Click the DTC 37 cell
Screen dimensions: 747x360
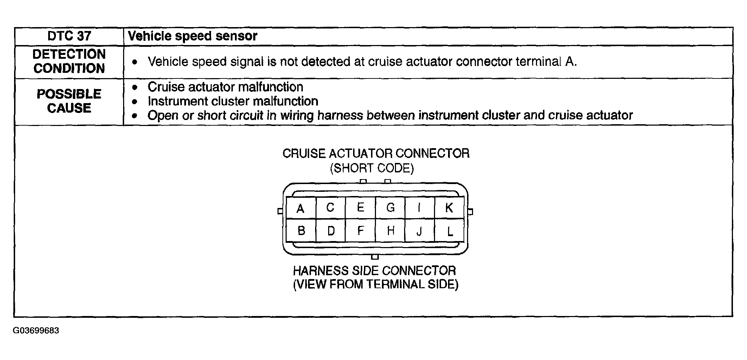pyautogui.click(x=69, y=36)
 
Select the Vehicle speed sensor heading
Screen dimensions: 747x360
pyautogui.click(x=192, y=36)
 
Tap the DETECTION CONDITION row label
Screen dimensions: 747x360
pyautogui.click(x=69, y=61)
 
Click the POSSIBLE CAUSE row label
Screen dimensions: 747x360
pyautogui.click(x=69, y=101)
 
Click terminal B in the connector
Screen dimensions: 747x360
pyautogui.click(x=301, y=230)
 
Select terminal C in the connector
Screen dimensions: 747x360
pyautogui.click(x=330, y=208)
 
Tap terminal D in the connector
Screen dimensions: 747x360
pyautogui.click(x=331, y=230)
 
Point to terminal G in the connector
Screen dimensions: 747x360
pyautogui.click(x=390, y=208)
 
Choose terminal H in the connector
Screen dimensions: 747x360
pyautogui.click(x=390, y=230)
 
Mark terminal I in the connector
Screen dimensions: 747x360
pyautogui.click(x=419, y=208)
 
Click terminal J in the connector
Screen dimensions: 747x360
pyautogui.click(x=419, y=231)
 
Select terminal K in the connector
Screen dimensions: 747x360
pyautogui.click(x=449, y=208)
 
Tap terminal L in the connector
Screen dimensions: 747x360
pyautogui.click(x=449, y=231)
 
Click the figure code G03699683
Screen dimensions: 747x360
pyautogui.click(x=36, y=331)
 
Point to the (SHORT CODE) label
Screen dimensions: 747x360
pyautogui.click(x=372, y=168)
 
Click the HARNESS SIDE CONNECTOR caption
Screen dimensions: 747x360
pyautogui.click(x=375, y=271)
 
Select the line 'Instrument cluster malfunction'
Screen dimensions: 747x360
pyautogui.click(x=233, y=101)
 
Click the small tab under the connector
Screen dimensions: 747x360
pyautogui.click(x=375, y=257)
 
